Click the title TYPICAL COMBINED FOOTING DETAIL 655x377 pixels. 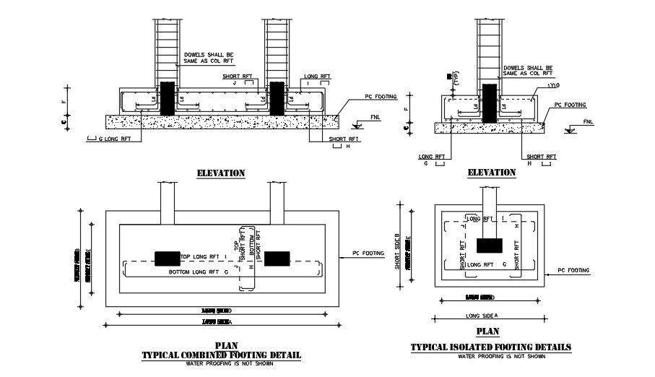221,355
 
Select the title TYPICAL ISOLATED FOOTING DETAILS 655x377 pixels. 490,347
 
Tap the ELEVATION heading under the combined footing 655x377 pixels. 221,173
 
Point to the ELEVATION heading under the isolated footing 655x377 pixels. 491,173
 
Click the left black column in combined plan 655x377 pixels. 167,258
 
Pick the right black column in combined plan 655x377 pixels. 277,258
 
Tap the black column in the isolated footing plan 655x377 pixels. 490,245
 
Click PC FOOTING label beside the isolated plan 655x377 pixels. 573,271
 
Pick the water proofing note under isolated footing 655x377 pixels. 490,356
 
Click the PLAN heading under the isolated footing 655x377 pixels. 487,332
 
